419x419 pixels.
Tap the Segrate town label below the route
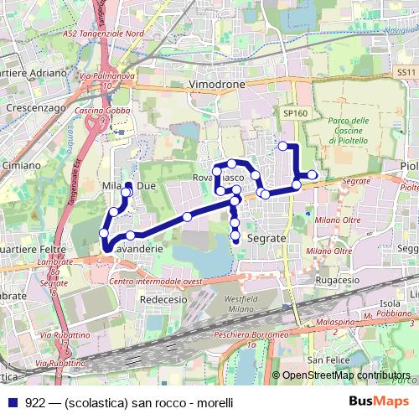point(268,238)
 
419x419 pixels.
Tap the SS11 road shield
point(406,73)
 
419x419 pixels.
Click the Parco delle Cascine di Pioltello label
point(349,131)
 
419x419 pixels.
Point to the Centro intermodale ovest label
point(157,282)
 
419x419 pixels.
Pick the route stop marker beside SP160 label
point(283,146)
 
